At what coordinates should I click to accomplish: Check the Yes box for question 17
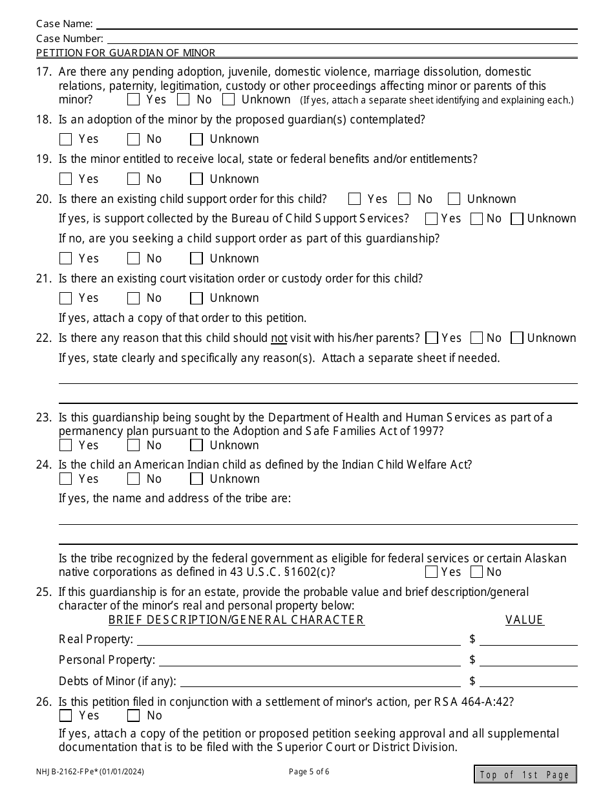point(134,100)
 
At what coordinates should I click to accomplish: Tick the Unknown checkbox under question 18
point(196,139)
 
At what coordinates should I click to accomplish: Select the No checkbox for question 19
point(134,179)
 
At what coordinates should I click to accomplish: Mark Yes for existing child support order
point(354,199)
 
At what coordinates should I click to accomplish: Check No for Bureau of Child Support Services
point(477,219)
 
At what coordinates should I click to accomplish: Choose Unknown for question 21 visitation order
point(196,298)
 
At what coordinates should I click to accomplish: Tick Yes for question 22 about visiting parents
point(432,338)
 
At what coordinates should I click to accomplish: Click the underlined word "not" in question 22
point(279,338)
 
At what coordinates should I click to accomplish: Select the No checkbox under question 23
point(134,445)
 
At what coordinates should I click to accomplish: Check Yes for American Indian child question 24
point(65,479)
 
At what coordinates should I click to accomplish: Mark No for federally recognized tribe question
point(477,572)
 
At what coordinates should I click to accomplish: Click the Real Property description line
point(299,639)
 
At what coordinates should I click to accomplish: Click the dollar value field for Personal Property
point(528,660)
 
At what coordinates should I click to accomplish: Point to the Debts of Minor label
point(117,681)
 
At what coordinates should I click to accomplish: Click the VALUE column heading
point(524,620)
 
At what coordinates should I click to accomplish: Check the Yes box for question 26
point(65,715)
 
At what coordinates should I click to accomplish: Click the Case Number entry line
point(341,38)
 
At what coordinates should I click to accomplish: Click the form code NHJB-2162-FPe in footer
point(95,772)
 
